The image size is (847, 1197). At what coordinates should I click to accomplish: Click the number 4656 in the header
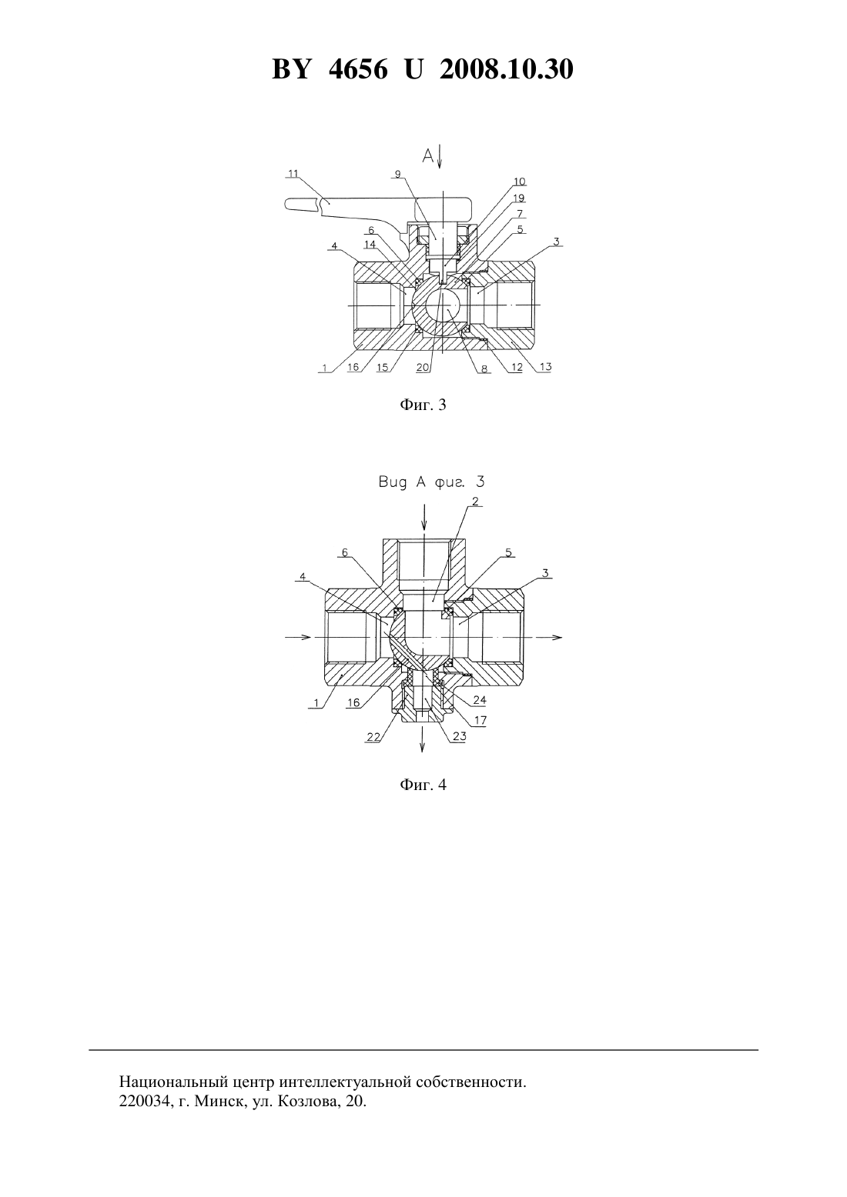tap(358, 69)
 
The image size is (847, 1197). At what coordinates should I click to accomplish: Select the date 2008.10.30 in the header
tap(507, 69)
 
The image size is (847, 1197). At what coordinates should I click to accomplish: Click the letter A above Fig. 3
tap(428, 155)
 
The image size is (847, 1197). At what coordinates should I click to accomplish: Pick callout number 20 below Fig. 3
tap(423, 368)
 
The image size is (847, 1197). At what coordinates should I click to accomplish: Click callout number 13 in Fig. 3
tap(546, 367)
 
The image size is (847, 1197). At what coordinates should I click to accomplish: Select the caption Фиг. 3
tap(423, 405)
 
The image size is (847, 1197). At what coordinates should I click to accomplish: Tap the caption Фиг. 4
tap(423, 785)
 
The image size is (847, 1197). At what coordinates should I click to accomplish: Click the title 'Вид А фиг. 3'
tap(431, 482)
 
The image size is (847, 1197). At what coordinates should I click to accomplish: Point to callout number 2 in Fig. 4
tap(475, 502)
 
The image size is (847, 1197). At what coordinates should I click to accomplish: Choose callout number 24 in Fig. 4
tap(480, 700)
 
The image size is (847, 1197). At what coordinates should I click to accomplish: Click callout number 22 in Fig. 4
tap(373, 737)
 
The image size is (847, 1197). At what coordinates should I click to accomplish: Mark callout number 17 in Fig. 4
tap(480, 720)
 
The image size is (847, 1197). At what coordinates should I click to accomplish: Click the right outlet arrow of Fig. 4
tap(548, 637)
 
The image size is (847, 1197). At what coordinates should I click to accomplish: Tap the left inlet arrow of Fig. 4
tap(298, 637)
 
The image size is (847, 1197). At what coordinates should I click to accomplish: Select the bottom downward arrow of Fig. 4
tap(423, 739)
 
